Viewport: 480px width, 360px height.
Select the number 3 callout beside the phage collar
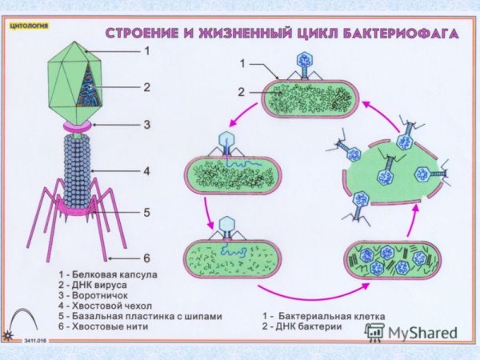147,124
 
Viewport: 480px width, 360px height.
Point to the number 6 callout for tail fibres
147,258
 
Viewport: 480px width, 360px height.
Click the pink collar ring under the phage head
80,126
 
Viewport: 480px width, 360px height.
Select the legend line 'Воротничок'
96,295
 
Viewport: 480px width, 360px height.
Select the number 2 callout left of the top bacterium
240,91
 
